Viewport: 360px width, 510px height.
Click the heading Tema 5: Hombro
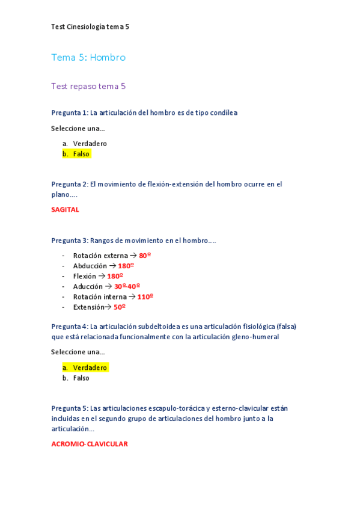click(88, 58)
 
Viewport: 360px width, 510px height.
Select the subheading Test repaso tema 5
click(88, 86)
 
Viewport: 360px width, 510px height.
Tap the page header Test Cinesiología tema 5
click(90, 26)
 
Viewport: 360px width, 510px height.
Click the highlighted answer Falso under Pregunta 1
click(81, 154)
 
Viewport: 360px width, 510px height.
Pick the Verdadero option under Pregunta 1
click(90, 144)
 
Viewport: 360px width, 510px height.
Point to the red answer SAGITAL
click(65, 210)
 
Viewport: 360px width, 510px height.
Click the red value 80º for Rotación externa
click(145, 256)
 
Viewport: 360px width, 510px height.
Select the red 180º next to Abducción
click(126, 266)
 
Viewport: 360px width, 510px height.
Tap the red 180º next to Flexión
click(115, 276)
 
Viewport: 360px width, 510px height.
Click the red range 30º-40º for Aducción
click(127, 286)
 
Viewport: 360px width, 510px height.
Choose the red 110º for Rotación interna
click(145, 296)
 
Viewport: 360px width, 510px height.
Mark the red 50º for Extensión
click(120, 307)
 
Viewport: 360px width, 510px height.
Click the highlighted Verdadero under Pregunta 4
click(90, 367)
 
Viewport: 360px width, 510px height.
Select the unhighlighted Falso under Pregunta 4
click(81, 378)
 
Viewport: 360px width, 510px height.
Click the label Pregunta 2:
click(70, 184)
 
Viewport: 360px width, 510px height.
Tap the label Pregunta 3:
click(70, 241)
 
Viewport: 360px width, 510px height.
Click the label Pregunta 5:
click(70, 408)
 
